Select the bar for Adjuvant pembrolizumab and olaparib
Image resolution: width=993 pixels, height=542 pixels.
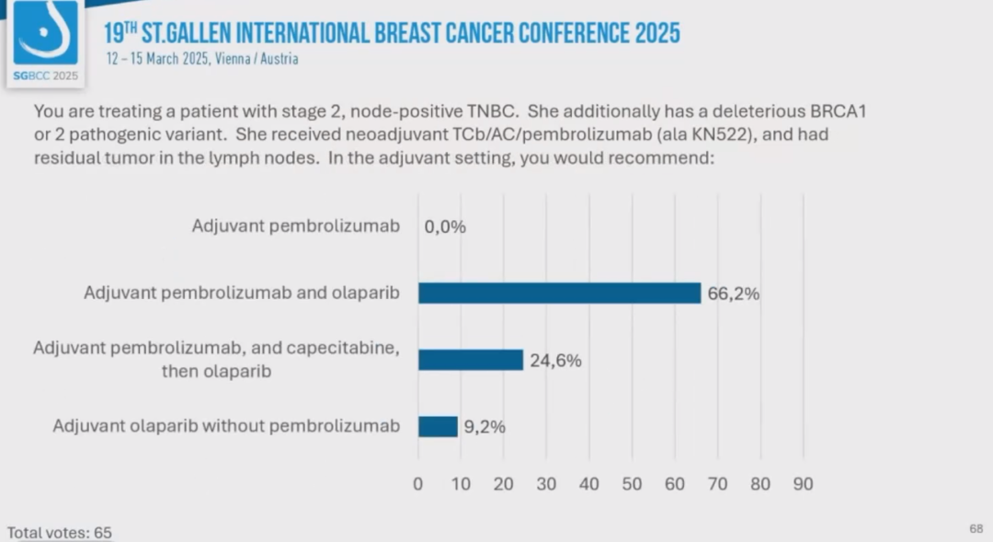tap(559, 293)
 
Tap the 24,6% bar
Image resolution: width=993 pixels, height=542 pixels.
tap(471, 360)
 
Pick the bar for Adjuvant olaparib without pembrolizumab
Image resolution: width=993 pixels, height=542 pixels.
tap(438, 426)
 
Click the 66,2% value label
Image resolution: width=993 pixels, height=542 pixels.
tap(733, 294)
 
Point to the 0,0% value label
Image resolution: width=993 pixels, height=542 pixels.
tap(445, 226)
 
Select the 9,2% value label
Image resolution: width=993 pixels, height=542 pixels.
tap(484, 427)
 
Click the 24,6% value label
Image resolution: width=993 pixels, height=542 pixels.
tap(555, 361)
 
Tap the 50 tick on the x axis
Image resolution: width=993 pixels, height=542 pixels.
tap(632, 484)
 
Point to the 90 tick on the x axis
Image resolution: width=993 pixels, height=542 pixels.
tap(803, 484)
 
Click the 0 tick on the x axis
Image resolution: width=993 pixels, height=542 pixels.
tap(418, 484)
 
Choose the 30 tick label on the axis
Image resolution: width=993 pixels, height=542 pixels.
tap(546, 484)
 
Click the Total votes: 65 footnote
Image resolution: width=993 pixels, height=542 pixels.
tap(60, 533)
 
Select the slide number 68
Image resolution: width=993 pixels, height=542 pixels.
tap(976, 528)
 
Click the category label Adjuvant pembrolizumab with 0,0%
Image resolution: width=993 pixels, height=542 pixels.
tap(296, 225)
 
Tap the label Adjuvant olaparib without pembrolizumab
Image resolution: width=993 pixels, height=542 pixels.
tap(226, 426)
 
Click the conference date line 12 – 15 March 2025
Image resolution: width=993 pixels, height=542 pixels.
tap(202, 59)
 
